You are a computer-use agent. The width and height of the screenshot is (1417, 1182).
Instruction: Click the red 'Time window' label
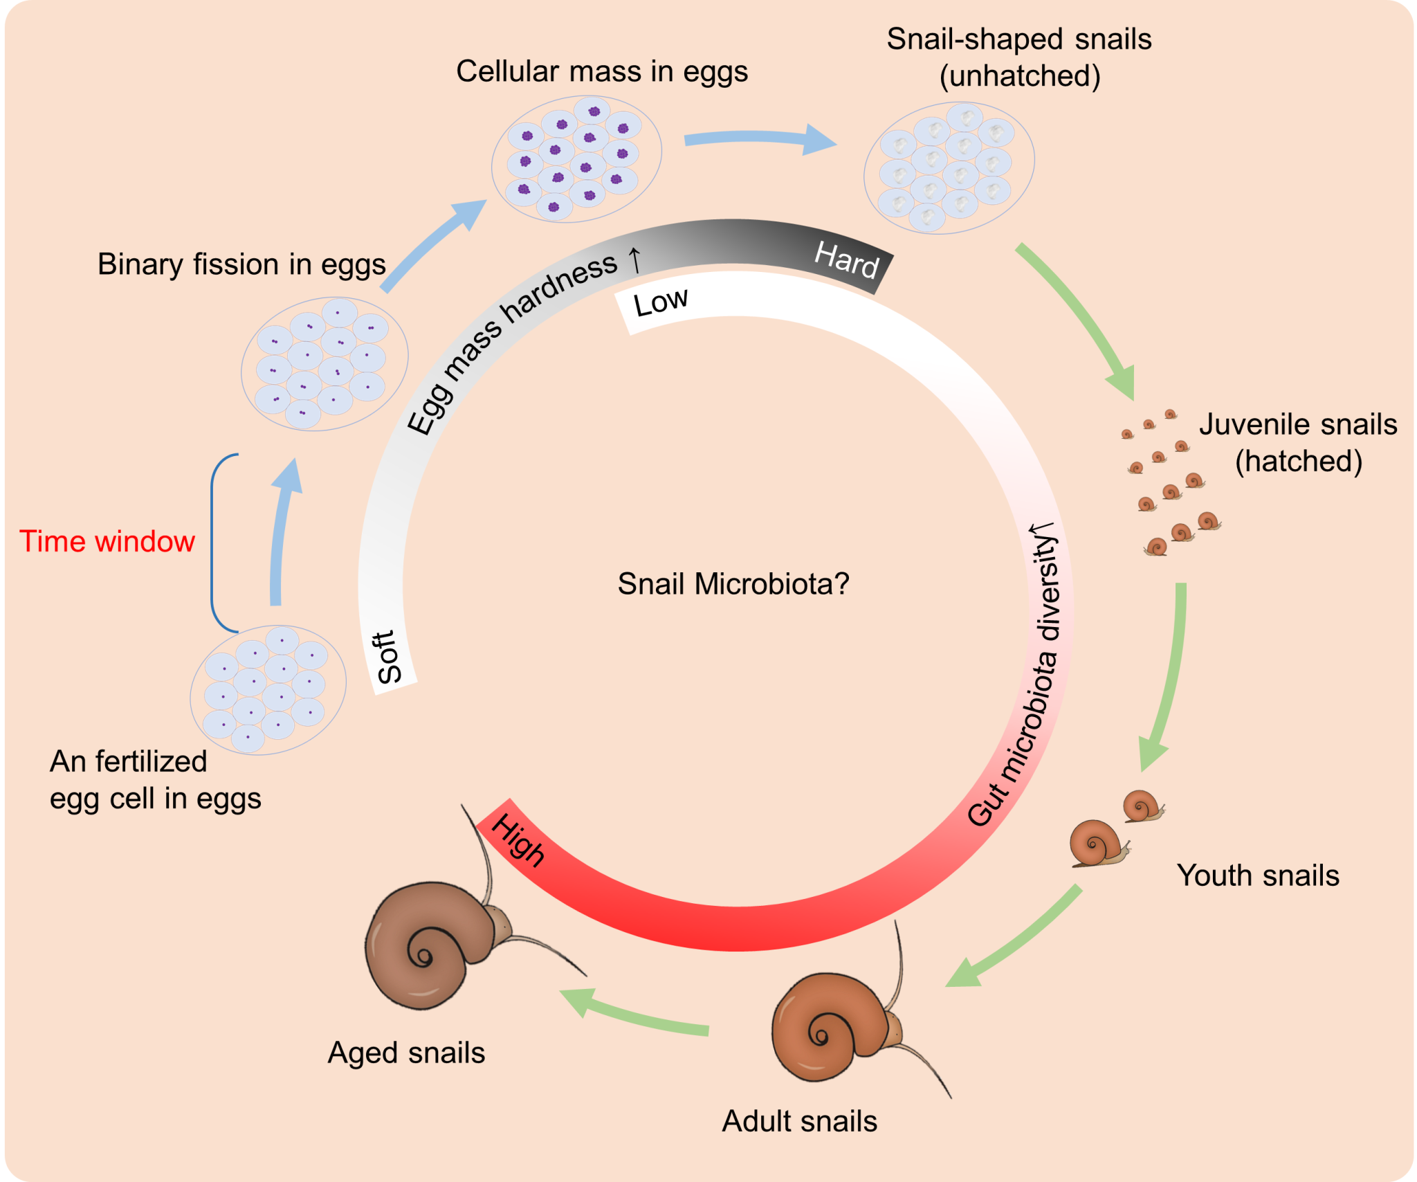tap(107, 541)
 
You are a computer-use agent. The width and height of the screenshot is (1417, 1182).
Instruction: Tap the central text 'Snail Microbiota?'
tap(733, 583)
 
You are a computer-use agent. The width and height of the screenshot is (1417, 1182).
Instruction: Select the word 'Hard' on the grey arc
tap(847, 260)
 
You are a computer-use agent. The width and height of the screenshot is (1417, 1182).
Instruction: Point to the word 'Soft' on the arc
tap(389, 657)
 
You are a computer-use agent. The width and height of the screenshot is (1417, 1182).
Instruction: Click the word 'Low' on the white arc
tap(661, 302)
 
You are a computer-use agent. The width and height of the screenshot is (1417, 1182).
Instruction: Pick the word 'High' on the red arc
tap(518, 840)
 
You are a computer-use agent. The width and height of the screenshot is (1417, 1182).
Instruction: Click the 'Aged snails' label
tap(406, 1053)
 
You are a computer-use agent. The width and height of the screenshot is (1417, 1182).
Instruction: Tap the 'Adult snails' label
tap(799, 1121)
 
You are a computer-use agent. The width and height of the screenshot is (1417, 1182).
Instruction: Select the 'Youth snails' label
tap(1258, 875)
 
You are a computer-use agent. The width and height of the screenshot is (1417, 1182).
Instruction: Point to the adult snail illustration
tap(837, 1024)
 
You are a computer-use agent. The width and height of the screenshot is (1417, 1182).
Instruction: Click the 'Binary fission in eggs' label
tap(241, 264)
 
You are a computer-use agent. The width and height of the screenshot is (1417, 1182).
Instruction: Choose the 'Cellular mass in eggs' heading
tap(602, 71)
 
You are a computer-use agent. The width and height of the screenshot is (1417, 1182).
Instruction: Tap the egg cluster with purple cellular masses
tap(576, 159)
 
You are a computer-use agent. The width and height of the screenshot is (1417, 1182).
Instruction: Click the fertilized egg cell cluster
tap(268, 689)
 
